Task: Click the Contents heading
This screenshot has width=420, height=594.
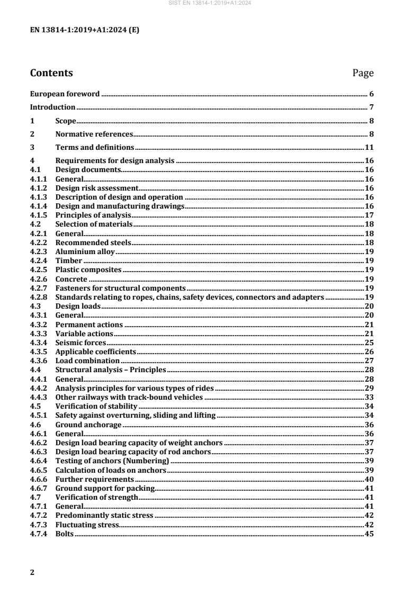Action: [x=51, y=73]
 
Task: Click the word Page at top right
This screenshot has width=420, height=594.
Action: [x=363, y=73]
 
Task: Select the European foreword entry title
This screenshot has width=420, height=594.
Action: [x=65, y=94]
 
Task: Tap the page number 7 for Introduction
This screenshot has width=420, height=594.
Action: [x=372, y=107]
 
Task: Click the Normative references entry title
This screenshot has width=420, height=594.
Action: [x=94, y=134]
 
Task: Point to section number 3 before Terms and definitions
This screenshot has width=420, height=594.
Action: [x=32, y=147]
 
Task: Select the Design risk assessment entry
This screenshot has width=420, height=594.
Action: [x=96, y=188]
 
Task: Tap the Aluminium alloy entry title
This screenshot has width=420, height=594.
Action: [x=85, y=251]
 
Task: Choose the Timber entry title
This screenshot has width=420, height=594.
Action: [x=69, y=260]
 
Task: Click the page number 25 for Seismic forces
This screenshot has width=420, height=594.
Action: [x=370, y=343]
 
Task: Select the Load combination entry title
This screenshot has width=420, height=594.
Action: [x=87, y=361]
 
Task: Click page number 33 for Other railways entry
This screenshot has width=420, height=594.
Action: [x=370, y=397]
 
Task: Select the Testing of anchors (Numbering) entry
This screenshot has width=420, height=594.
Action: [x=112, y=461]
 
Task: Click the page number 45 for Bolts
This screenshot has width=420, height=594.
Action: [x=370, y=534]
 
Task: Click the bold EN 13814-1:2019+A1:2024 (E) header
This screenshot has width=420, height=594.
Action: [x=85, y=30]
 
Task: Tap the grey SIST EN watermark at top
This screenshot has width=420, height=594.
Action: [x=210, y=3]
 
